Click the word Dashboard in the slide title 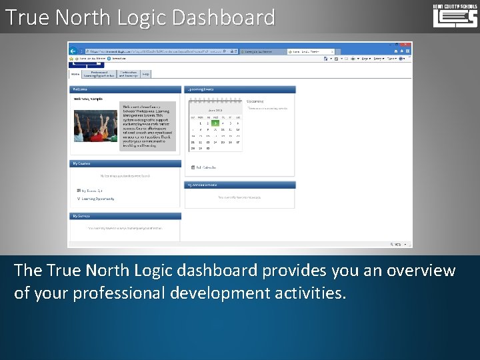pos(223,17)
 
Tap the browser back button pos(74,51)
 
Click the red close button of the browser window pos(407,44)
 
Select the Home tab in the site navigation pos(75,74)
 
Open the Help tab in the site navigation pos(145,74)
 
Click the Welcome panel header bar pos(125,89)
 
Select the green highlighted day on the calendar pos(215,123)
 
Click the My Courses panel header pos(125,163)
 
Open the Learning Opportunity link pos(98,199)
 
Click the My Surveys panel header pos(125,216)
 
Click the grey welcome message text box pos(147,125)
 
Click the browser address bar pos(153,51)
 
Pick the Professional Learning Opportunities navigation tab pos(98,74)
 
